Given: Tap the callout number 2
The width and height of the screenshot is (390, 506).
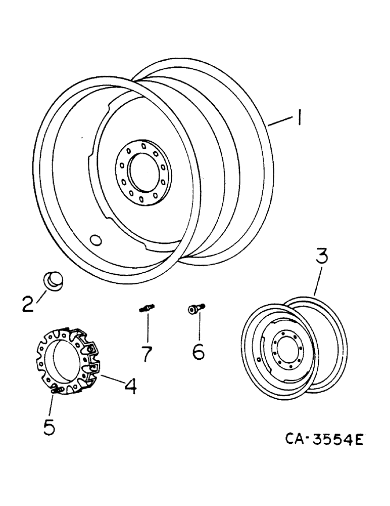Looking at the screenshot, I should point(28,304).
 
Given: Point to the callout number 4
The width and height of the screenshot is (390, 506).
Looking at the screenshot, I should point(130,387).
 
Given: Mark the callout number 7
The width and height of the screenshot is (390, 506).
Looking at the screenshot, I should point(147,353).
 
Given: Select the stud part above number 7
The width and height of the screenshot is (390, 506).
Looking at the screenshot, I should point(146,307).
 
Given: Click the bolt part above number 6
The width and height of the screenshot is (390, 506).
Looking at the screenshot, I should point(195,308).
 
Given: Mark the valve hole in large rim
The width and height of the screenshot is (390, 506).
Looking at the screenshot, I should point(94,239).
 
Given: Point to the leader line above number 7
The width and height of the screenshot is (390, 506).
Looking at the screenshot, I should point(147,326).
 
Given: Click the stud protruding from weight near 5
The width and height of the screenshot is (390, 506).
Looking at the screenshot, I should point(57,390).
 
